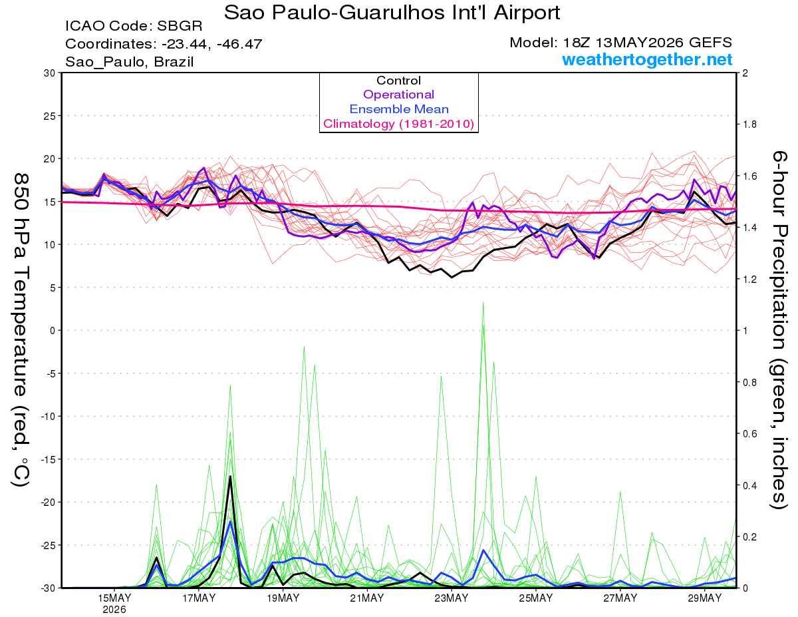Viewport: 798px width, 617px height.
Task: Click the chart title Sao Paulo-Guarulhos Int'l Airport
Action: (x=392, y=13)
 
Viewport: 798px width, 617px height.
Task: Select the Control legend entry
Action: (x=398, y=81)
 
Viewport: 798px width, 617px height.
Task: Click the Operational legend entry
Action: (x=398, y=95)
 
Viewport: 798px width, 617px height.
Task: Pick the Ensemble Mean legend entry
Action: (x=399, y=109)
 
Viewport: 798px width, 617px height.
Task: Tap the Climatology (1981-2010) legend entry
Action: (x=398, y=124)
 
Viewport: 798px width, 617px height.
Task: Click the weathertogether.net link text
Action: (x=647, y=60)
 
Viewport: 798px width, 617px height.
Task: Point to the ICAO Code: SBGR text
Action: (x=134, y=26)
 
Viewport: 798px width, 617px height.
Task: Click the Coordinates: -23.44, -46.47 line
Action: (x=164, y=44)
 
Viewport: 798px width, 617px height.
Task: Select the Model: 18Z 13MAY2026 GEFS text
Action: (x=620, y=43)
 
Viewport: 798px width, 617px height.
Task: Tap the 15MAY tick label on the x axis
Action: (x=114, y=598)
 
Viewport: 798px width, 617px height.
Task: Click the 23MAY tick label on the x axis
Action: (x=452, y=598)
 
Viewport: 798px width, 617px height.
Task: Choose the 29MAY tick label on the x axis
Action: (x=705, y=598)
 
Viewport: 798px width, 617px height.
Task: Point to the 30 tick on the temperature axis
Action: (x=50, y=73)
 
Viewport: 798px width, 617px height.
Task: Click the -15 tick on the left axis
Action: (x=48, y=459)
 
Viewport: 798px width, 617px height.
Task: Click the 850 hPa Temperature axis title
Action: (x=21, y=329)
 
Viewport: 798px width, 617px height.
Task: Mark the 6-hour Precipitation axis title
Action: (x=779, y=329)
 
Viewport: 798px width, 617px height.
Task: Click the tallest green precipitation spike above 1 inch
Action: (x=483, y=303)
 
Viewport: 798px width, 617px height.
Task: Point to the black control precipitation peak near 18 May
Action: (x=230, y=477)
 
